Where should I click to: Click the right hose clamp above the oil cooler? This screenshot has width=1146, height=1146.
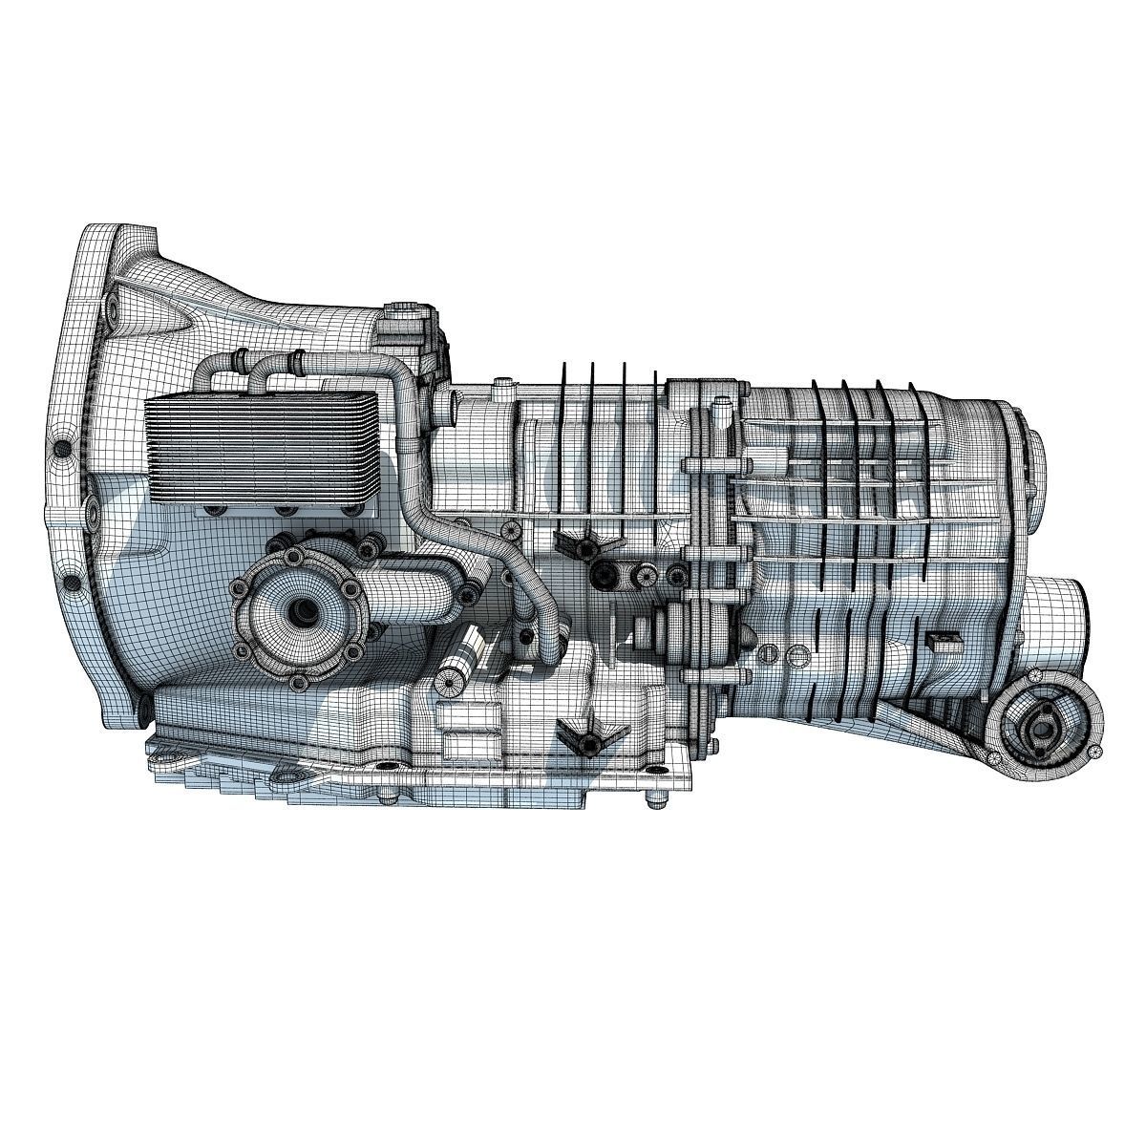(x=298, y=362)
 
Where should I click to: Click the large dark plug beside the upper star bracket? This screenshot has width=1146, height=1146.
(x=604, y=573)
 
